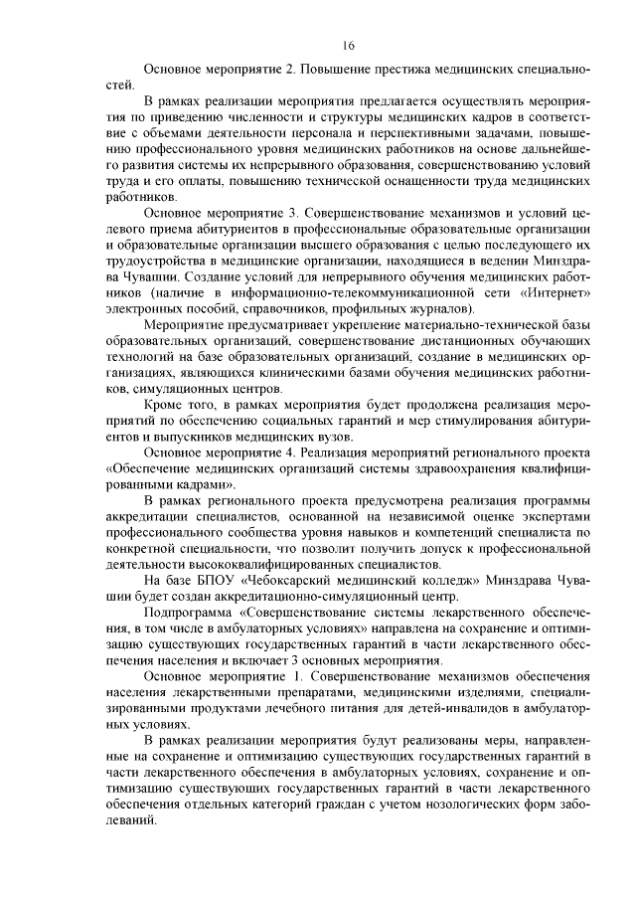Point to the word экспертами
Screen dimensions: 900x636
coord(556,516)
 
